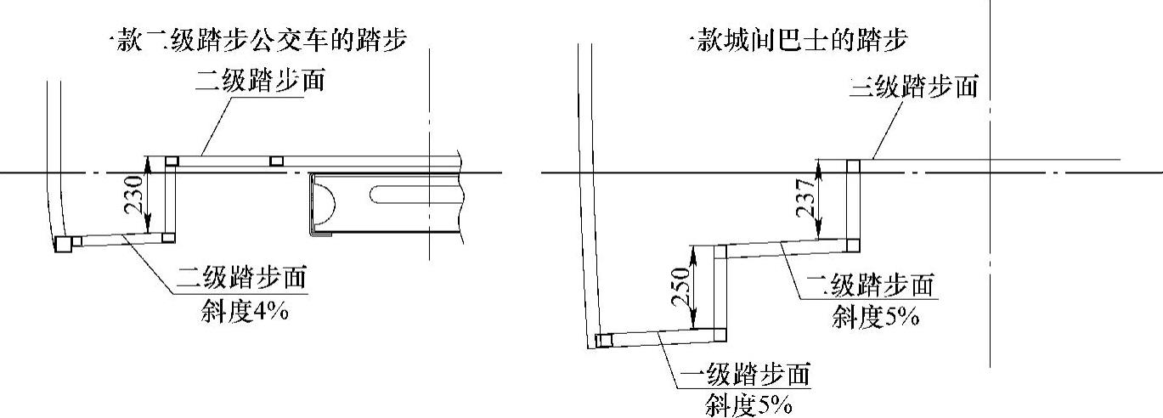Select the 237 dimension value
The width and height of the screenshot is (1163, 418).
(x=808, y=200)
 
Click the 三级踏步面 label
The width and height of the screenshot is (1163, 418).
(x=914, y=87)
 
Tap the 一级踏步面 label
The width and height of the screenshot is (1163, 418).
(x=748, y=374)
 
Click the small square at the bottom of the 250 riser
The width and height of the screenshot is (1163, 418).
(x=720, y=334)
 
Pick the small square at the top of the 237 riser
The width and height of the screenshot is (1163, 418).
(x=853, y=166)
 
